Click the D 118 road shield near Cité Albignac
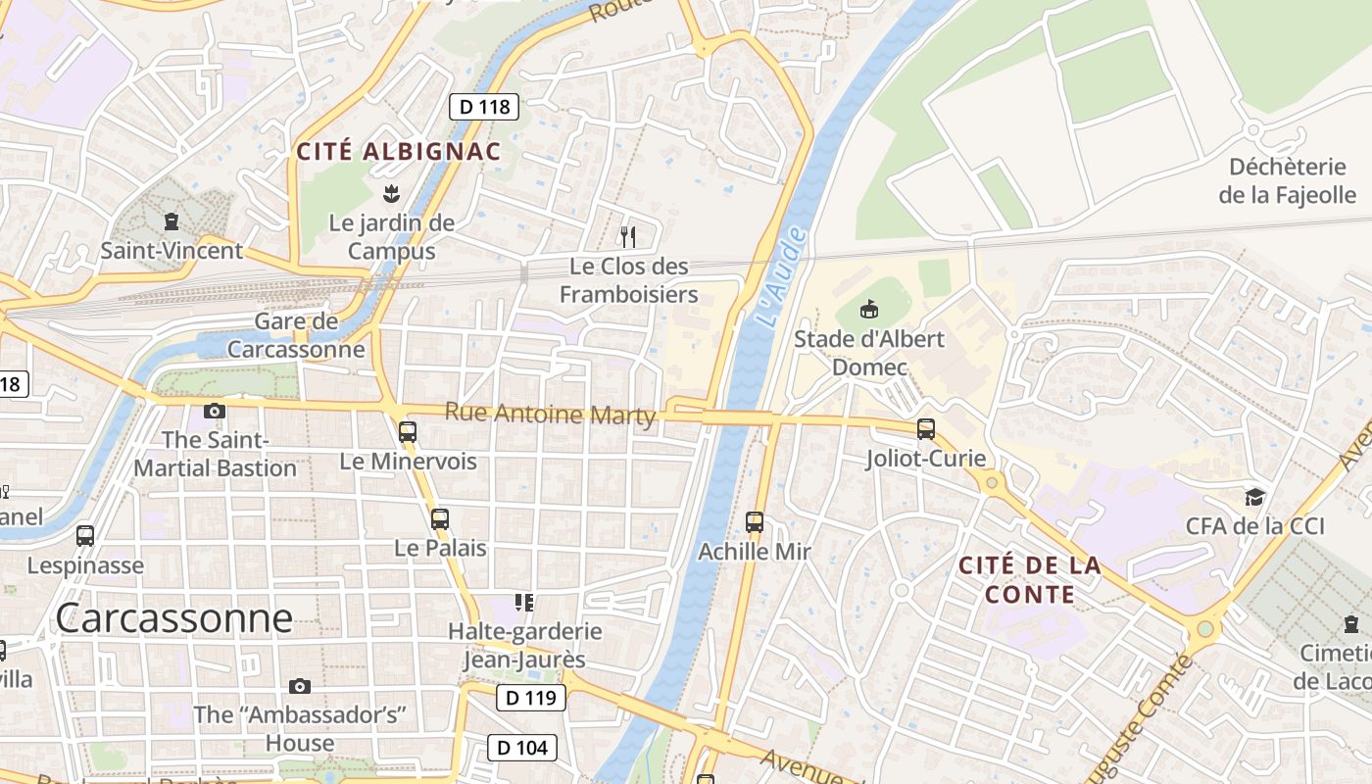484,107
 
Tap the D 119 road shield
531,698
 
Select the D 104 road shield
522,748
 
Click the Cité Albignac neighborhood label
399,152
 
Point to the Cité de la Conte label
1029,580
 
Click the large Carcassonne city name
173,618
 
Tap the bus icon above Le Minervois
408,431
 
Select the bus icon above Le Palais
440,518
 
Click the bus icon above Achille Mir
755,522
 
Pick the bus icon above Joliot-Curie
926,429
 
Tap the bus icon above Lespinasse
85,536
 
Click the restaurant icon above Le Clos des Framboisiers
628,236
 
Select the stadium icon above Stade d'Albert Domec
868,310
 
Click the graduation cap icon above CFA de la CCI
1254,497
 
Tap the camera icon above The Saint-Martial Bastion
215,411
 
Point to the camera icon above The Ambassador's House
300,686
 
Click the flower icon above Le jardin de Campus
392,193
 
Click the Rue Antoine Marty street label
550,414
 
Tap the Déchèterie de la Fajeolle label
1287,180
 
